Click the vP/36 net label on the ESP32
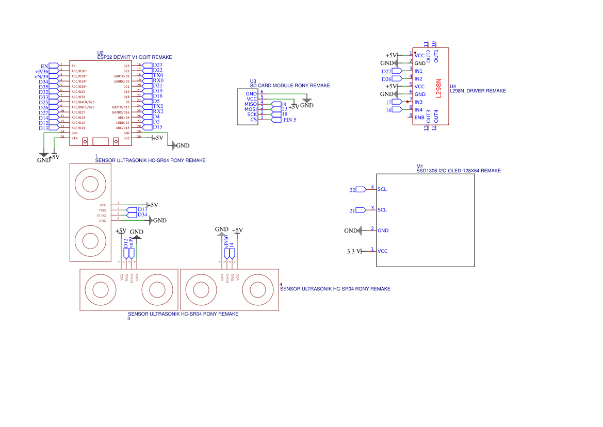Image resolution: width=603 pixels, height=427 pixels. [x=42, y=71]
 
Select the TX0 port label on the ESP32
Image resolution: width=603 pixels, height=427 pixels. [x=158, y=75]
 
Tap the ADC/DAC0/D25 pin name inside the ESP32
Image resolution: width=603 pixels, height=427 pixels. [x=83, y=102]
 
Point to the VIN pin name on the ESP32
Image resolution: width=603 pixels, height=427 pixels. [x=74, y=138]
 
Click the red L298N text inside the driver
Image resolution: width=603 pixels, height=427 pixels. [x=439, y=88]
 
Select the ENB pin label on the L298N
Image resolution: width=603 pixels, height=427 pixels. [x=419, y=118]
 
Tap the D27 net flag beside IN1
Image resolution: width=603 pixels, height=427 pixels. [x=387, y=71]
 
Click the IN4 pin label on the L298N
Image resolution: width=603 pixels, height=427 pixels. [x=418, y=110]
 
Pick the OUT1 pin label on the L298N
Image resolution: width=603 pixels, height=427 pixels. [x=436, y=56]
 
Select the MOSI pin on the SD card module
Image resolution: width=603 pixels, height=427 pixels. [x=251, y=109]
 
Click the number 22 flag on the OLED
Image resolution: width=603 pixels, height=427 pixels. [x=353, y=190]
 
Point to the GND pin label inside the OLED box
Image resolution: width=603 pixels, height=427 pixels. [x=383, y=231]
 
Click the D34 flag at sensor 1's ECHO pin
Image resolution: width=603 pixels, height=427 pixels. [x=142, y=215]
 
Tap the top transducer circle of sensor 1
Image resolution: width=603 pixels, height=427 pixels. [x=91, y=183]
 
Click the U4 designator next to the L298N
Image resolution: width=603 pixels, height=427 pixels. [x=453, y=87]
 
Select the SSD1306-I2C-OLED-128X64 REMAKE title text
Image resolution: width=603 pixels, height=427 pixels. [x=458, y=171]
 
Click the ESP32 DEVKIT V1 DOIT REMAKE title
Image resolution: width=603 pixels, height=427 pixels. [x=134, y=57]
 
